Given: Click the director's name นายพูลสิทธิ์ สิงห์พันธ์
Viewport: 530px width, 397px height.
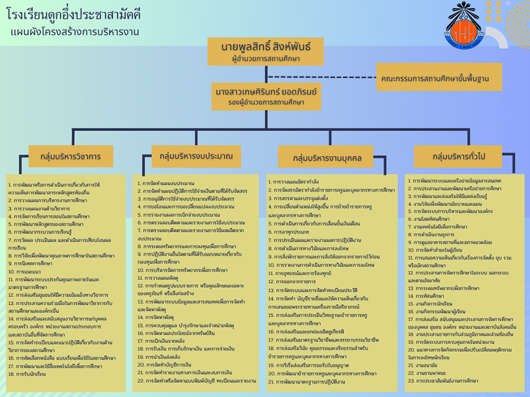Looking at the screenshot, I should (266, 46).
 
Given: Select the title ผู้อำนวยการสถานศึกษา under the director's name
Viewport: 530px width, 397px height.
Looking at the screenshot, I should (266, 59).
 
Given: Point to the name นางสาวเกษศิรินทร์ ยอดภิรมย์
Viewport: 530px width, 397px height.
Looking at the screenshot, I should (266, 92).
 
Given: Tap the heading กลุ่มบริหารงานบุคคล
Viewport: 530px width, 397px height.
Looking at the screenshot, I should (327, 158).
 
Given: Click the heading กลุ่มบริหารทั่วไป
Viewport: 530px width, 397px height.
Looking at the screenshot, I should (459, 156).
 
